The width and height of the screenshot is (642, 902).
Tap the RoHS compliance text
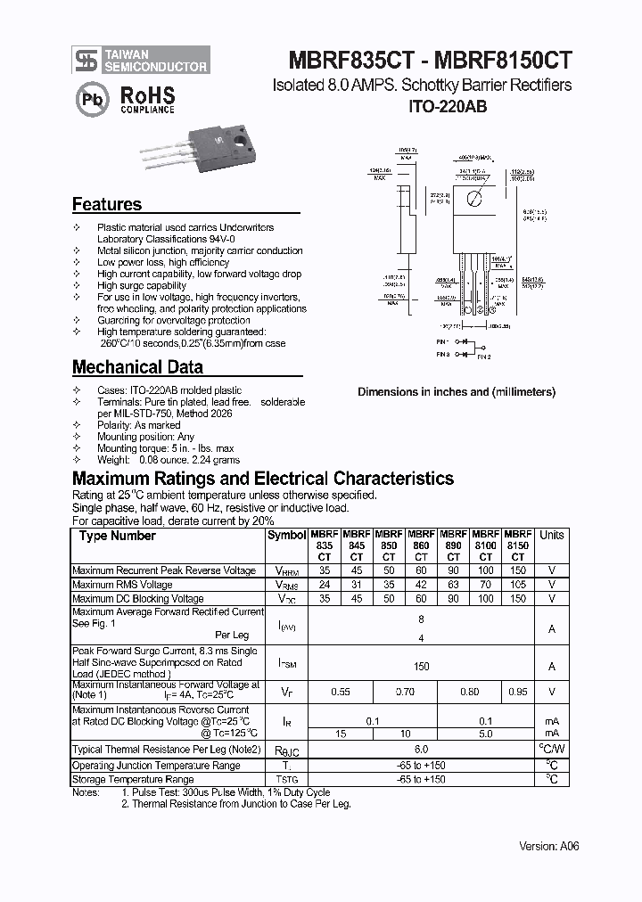[147, 99]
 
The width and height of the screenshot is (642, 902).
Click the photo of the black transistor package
[192, 153]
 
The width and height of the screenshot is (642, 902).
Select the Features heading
[107, 204]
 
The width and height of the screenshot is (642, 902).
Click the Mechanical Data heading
[137, 367]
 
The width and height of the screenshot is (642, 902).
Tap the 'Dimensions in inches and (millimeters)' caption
[457, 392]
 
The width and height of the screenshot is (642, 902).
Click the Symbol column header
[286, 536]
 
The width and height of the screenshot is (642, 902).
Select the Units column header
[552, 536]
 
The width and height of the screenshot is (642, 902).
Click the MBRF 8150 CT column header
[517, 545]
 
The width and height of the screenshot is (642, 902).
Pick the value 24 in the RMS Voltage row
[325, 585]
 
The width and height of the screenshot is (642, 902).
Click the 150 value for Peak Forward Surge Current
[421, 666]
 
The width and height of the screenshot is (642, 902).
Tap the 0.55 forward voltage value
[341, 692]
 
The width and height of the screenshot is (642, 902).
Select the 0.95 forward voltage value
[517, 692]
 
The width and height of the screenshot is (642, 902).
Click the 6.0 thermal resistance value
[421, 750]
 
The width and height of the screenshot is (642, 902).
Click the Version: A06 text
[549, 846]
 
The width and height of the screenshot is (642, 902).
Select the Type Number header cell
[117, 536]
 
